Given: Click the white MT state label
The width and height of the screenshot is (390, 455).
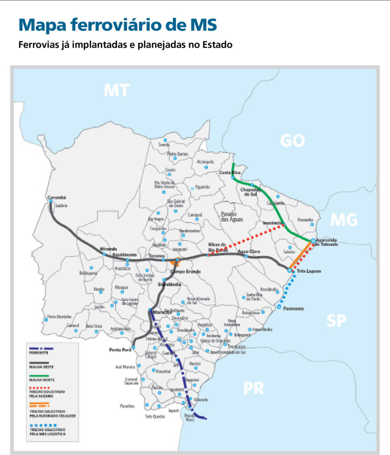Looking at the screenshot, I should pos(117,90).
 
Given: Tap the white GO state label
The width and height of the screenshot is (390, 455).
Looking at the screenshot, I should pos(293,141).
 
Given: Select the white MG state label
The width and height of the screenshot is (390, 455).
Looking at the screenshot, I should pos(344,220).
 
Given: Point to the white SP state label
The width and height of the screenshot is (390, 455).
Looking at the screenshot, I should pos(337,320).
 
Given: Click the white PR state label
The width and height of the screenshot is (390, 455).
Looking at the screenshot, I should pos(253,388).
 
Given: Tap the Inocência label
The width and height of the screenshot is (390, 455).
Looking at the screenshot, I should pos(272,223).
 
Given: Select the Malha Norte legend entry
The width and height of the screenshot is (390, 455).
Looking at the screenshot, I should pos(40,380).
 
